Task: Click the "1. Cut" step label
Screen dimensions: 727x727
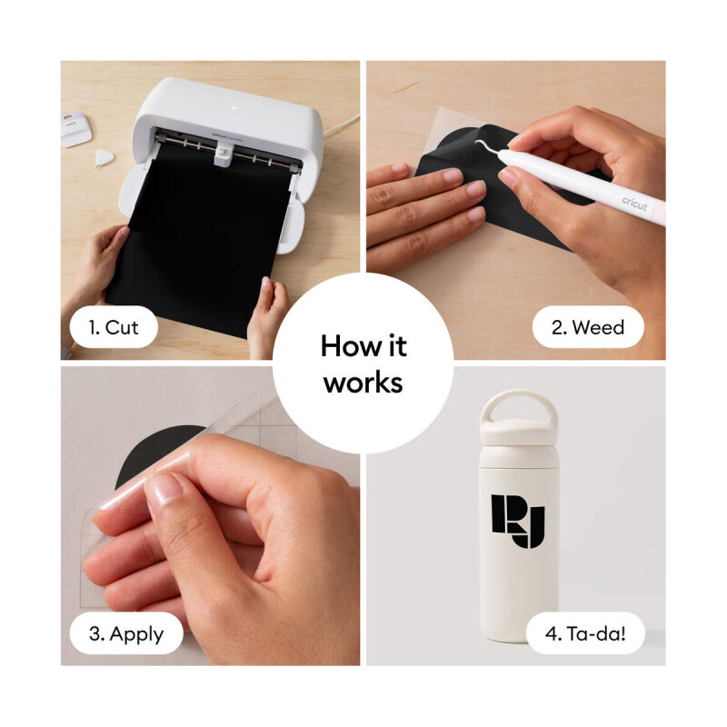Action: point(114,327)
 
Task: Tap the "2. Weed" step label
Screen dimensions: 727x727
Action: point(588,327)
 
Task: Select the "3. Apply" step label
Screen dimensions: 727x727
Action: point(126,633)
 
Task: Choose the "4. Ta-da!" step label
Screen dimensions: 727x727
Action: point(585,633)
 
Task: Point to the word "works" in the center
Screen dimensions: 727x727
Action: point(363,383)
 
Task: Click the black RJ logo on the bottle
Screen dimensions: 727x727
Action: point(518,521)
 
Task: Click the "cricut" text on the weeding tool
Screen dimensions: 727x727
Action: point(634,203)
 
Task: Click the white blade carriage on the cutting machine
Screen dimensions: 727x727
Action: point(223,154)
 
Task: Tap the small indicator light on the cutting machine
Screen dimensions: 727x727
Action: point(234,108)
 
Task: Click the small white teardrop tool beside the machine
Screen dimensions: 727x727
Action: point(104,158)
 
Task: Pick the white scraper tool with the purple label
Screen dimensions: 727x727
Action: point(75,129)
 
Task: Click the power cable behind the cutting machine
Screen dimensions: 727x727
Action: point(341,125)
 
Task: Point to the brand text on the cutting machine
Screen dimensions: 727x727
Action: point(227,135)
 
